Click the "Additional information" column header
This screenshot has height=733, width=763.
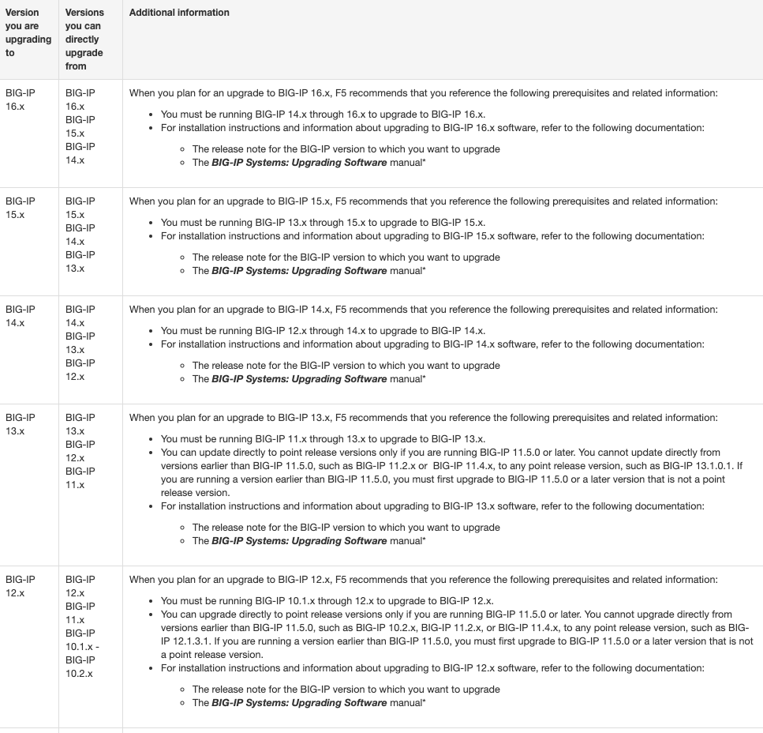(x=179, y=13)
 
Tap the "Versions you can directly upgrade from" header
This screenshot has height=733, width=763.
(x=84, y=39)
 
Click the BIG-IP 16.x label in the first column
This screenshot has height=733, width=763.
(x=21, y=100)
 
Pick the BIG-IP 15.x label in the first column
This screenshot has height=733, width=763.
(x=21, y=208)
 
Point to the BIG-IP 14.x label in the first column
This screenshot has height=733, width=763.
(x=21, y=316)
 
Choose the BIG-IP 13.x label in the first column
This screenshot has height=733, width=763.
(x=21, y=424)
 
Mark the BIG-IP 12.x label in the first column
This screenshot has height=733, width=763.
(x=21, y=586)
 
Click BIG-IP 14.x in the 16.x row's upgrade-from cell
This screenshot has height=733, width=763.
(x=80, y=153)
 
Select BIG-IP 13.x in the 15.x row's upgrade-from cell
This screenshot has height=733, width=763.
(x=80, y=261)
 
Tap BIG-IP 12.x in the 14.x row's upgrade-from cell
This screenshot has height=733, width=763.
(x=80, y=370)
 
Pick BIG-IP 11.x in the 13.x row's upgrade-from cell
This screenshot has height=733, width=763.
(x=80, y=478)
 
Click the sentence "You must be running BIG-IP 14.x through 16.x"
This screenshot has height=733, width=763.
(x=323, y=114)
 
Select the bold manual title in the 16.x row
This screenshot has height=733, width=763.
(x=299, y=163)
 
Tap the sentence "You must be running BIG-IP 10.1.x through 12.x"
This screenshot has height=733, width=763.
(x=327, y=600)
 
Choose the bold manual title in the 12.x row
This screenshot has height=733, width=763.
(x=299, y=703)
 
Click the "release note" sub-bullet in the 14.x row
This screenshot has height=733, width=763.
(x=346, y=366)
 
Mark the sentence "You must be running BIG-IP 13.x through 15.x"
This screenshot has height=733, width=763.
(x=323, y=222)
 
